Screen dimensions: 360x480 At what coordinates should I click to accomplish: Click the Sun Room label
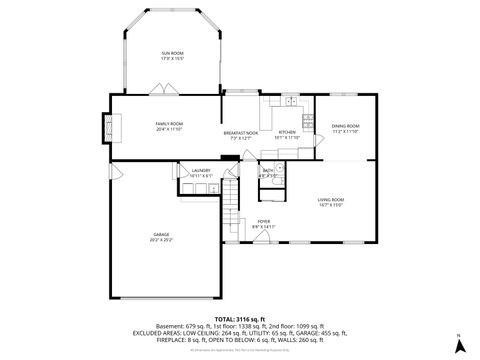(173, 52)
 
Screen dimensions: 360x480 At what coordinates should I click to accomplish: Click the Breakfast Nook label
(240, 133)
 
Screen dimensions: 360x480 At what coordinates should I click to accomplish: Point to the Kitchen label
(287, 133)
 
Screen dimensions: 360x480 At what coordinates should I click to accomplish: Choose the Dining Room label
(345, 126)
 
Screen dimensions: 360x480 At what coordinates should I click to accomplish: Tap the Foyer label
(263, 221)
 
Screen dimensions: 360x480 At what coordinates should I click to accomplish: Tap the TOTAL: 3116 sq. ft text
(239, 317)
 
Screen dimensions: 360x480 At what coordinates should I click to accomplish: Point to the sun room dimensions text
(173, 58)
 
